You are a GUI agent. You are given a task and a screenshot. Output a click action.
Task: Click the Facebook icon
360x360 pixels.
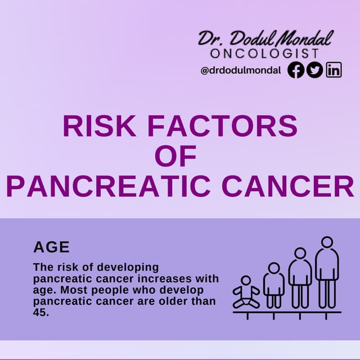pos(296,70)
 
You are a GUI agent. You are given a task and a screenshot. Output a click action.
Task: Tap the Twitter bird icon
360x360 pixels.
pos(314,70)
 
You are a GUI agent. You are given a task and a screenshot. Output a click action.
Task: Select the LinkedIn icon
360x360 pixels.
pos(334,70)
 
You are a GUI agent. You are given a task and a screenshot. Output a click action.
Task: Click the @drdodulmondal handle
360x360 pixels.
pos(241,71)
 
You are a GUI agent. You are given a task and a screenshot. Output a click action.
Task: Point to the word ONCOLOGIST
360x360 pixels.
pos(265,53)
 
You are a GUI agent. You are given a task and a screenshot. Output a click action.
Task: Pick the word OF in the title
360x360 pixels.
pos(175,157)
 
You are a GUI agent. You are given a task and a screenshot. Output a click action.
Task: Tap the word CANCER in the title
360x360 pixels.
pos(287,187)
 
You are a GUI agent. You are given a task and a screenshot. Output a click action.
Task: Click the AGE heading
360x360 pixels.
pos(51,247)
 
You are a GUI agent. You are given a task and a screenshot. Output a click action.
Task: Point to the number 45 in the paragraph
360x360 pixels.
pos(41,312)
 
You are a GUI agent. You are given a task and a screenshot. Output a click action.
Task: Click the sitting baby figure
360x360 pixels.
pos(246,292)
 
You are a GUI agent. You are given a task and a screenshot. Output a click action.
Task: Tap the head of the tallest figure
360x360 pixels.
pos(327,242)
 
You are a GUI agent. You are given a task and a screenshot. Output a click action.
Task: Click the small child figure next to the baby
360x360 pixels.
pos(274,285)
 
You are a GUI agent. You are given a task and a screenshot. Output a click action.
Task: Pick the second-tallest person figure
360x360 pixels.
pos(300,278)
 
